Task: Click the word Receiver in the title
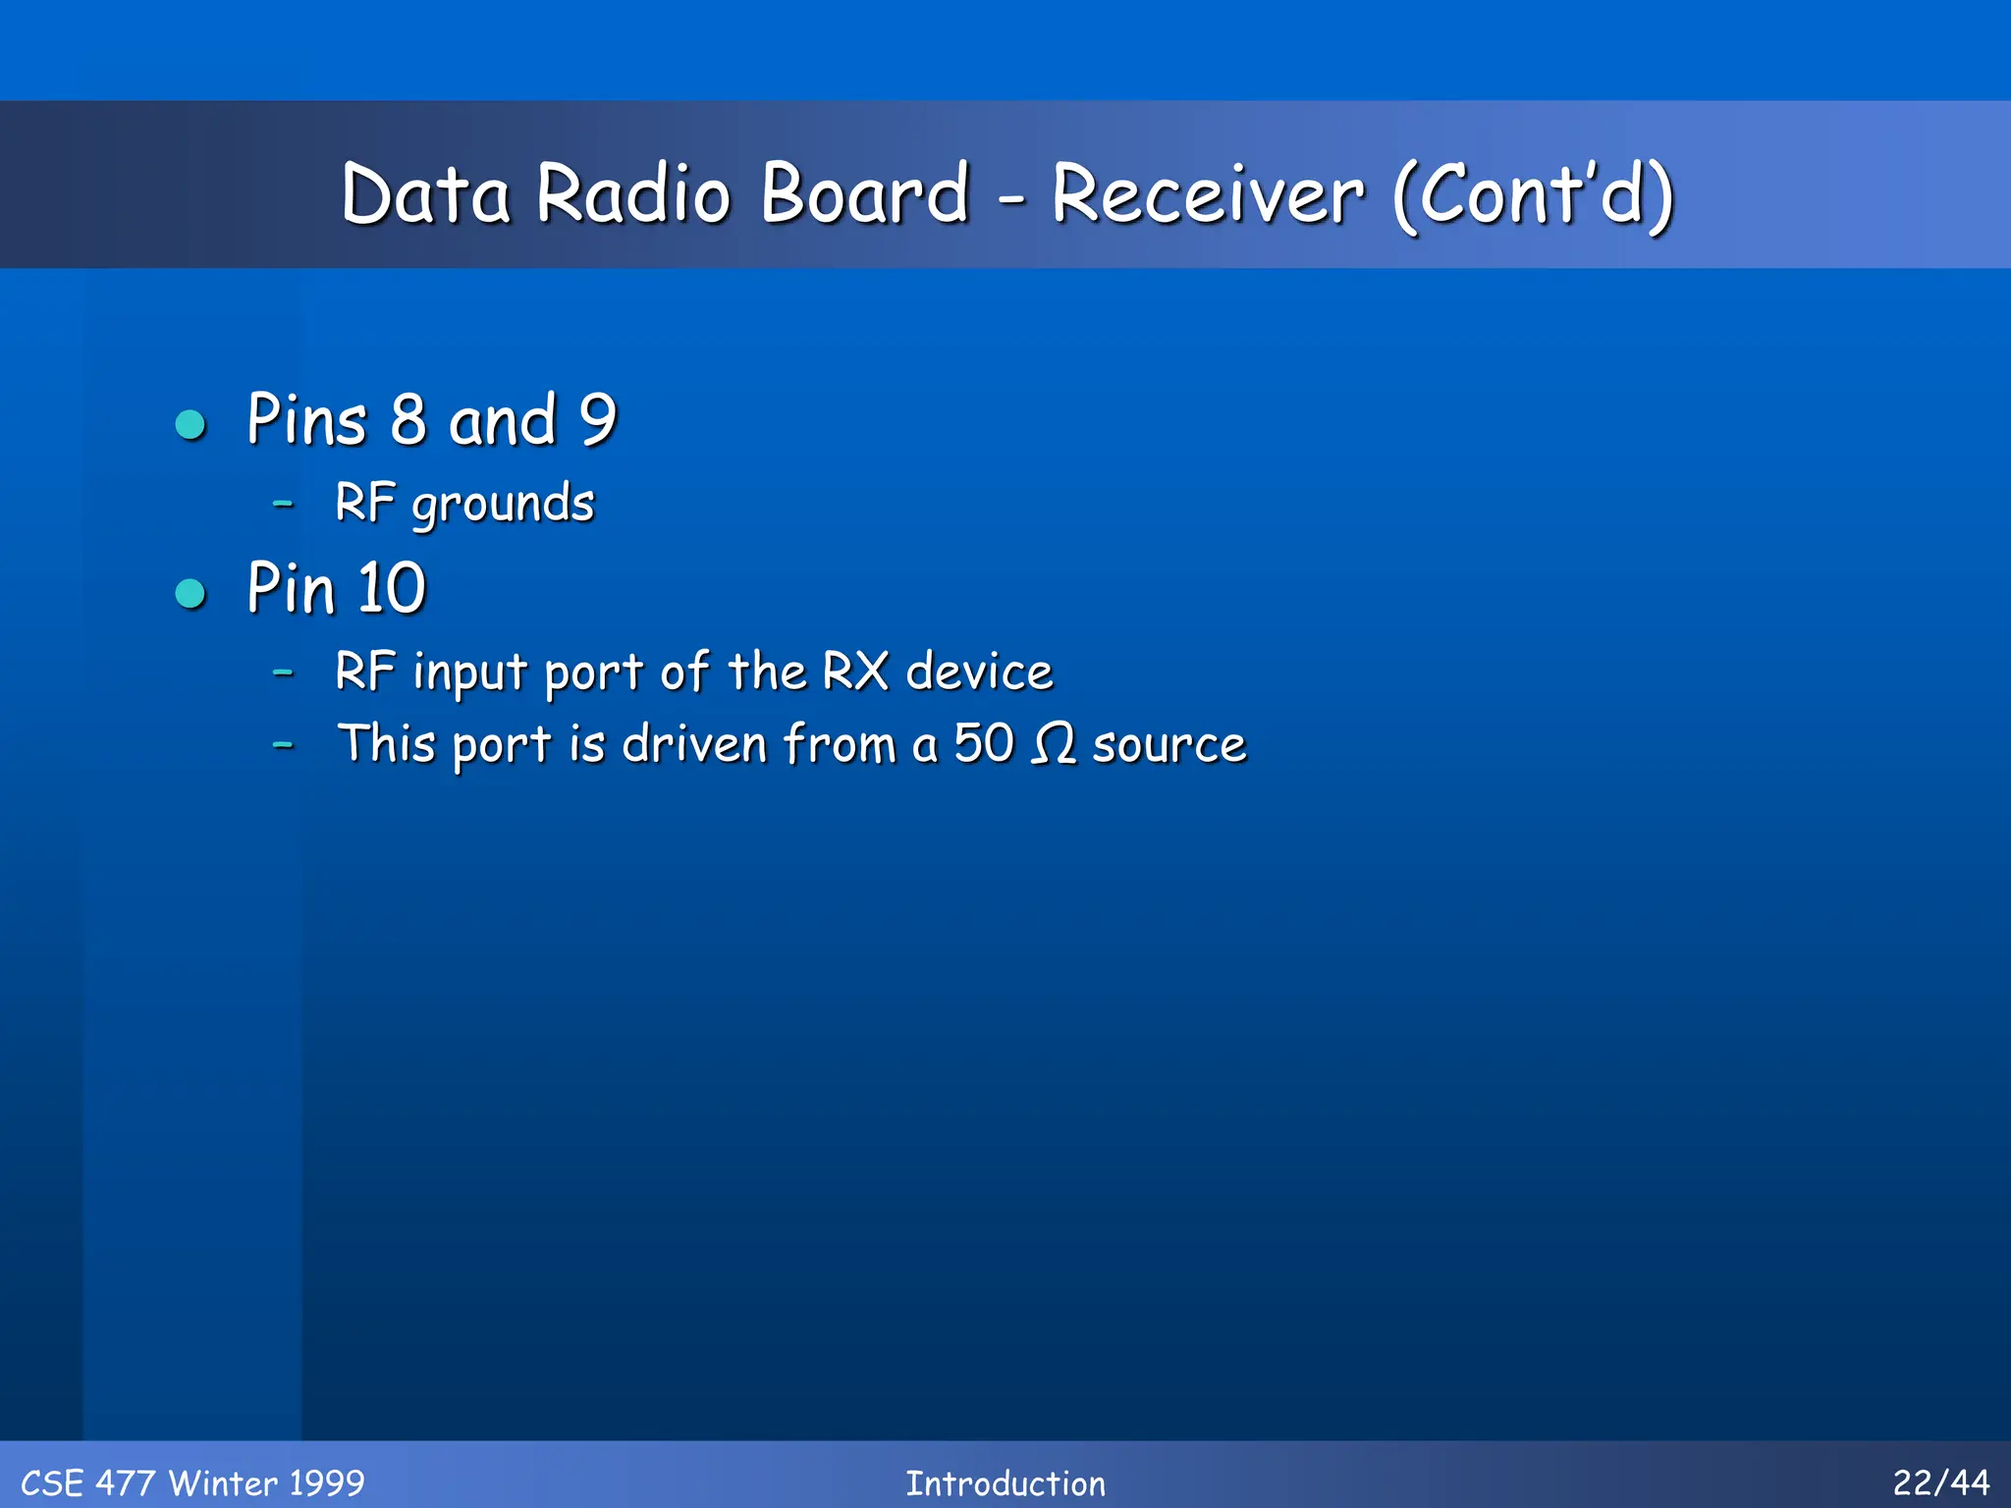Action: tap(1207, 193)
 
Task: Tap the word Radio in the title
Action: tap(633, 193)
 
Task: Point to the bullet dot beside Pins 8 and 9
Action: tap(190, 424)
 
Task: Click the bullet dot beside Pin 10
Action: tap(190, 593)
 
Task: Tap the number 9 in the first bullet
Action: tap(597, 420)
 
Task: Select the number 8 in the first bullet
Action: tap(408, 420)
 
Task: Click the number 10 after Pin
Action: tap(391, 589)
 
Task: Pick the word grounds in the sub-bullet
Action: tap(503, 506)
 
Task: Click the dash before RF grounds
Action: tap(283, 504)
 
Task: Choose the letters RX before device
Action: tap(854, 672)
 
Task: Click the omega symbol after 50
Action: tap(1054, 744)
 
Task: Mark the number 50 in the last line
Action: tap(983, 743)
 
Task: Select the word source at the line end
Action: tap(1169, 745)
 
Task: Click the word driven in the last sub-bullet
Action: tap(693, 743)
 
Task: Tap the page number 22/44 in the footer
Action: tap(1940, 1482)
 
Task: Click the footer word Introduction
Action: tap(1005, 1483)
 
